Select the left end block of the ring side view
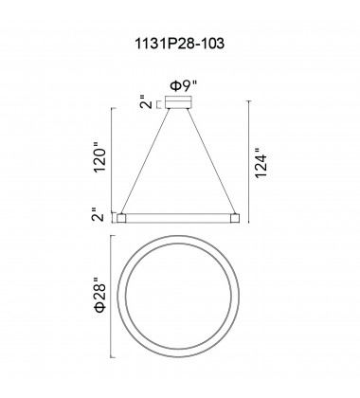click(121, 218)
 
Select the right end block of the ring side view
click(237, 218)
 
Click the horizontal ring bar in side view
click(179, 218)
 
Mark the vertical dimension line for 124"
click(249, 160)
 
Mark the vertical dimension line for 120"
click(114, 160)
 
